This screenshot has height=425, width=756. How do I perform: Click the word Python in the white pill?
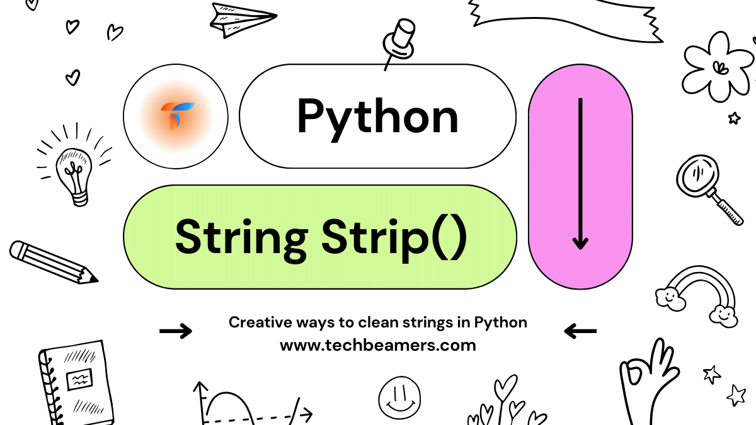point(378,116)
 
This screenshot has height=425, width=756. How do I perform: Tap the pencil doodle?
point(53,261)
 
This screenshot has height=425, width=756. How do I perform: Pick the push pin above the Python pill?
point(399,41)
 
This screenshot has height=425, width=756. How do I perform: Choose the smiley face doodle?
point(399,397)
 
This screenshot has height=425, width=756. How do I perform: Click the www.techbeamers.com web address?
point(378,345)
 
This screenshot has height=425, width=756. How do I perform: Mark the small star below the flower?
point(734,117)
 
